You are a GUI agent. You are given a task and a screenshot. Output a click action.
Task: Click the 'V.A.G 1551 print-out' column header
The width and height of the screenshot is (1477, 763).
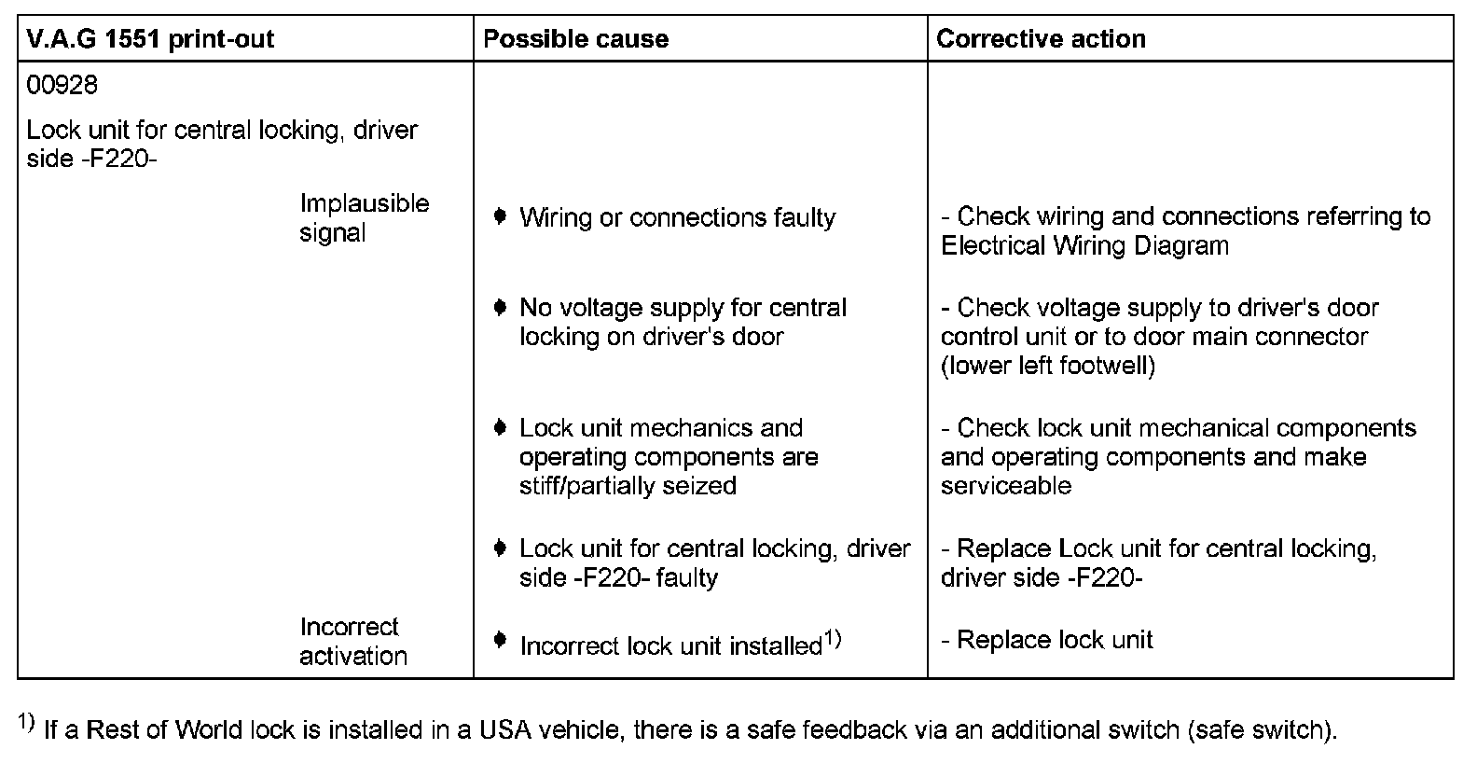click(x=150, y=39)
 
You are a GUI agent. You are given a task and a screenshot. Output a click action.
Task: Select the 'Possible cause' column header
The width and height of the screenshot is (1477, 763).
click(x=575, y=39)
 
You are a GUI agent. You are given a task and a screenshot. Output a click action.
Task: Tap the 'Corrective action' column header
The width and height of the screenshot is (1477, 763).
click(x=1041, y=39)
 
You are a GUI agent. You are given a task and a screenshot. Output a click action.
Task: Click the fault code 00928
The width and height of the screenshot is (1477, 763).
click(x=62, y=86)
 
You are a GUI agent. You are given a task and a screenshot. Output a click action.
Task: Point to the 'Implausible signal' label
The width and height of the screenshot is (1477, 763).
click(x=365, y=217)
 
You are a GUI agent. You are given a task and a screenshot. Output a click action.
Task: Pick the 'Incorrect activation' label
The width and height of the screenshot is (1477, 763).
click(x=353, y=641)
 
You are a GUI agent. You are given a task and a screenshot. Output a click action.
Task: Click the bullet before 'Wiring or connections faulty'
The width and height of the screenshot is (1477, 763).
click(x=501, y=217)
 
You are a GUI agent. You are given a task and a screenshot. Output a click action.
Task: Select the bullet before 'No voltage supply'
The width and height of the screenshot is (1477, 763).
click(x=501, y=307)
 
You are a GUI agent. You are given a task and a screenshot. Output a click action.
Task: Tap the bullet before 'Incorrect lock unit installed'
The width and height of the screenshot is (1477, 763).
click(x=501, y=640)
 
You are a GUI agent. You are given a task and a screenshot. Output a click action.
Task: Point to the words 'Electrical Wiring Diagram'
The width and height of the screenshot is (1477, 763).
click(x=1084, y=246)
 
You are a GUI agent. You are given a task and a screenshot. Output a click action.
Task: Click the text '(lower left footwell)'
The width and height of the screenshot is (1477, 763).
click(x=1048, y=366)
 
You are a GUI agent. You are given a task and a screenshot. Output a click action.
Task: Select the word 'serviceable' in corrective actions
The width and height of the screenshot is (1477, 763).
click(x=1006, y=486)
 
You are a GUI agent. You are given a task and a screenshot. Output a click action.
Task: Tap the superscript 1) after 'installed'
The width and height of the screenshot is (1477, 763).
click(x=833, y=639)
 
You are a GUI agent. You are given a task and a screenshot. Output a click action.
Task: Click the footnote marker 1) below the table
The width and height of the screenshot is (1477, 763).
click(x=26, y=724)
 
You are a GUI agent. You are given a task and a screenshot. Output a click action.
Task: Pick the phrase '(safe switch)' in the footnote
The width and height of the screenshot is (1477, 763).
click(x=1262, y=729)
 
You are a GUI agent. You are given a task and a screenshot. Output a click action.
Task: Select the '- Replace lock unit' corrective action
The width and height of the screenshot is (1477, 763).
click(x=1047, y=640)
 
